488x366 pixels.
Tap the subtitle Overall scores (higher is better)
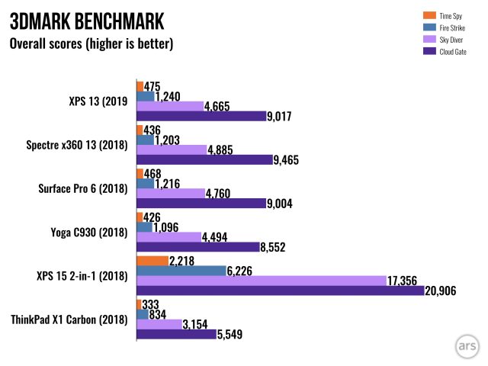91,43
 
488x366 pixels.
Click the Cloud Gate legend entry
453,52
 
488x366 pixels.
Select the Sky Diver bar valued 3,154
158,323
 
